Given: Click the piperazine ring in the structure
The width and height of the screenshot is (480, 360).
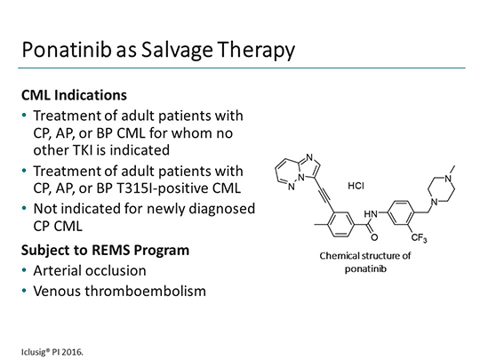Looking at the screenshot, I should tap(447, 174).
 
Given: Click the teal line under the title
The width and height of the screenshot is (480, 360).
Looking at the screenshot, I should tap(240, 68).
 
